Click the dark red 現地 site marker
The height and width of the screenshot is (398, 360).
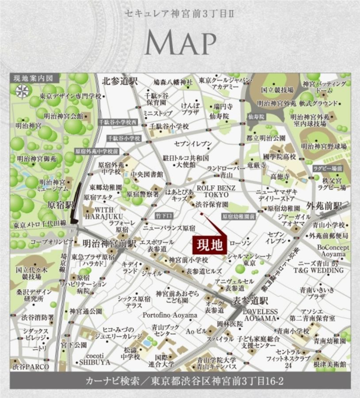pyautogui.click(x=210, y=244)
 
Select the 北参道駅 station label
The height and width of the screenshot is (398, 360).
pyautogui.click(x=120, y=82)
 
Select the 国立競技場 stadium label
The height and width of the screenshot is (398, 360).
pyautogui.click(x=277, y=90)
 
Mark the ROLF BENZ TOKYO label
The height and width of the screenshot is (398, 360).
pyautogui.click(x=216, y=191)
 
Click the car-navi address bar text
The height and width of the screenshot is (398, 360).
pyautogui.click(x=180, y=381)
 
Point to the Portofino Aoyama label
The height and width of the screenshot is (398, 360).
pyautogui.click(x=170, y=315)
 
